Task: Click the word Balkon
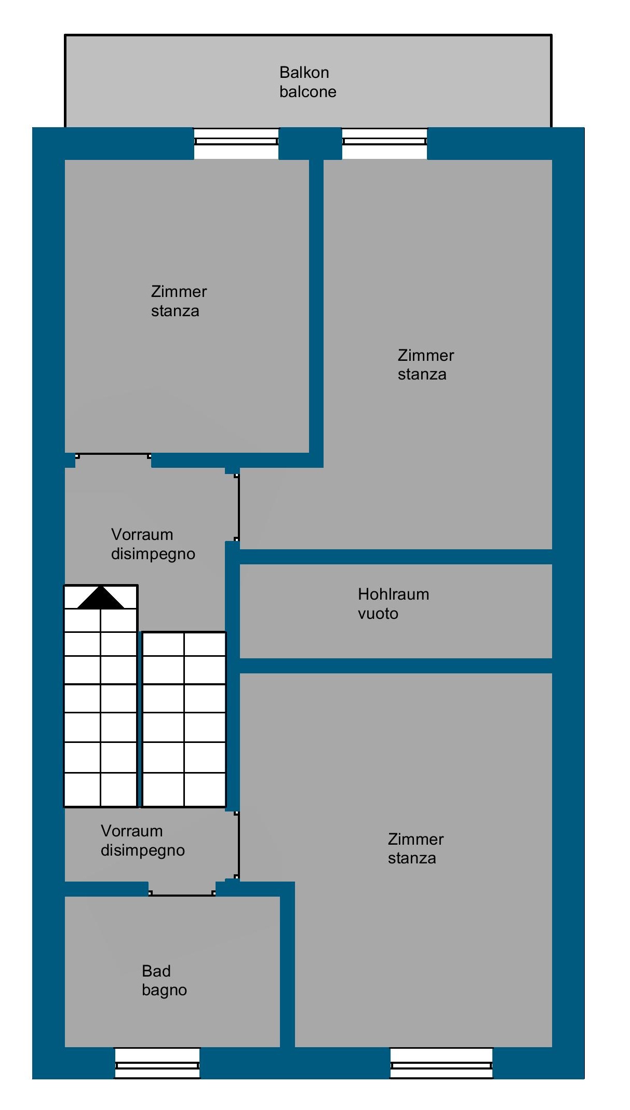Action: tap(304, 72)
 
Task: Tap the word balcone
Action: tap(307, 92)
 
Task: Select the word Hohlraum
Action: tap(393, 594)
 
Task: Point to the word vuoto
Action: tap(378, 614)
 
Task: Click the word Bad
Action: tap(156, 971)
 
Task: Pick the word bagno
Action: tap(164, 991)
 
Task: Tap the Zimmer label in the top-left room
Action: tap(179, 291)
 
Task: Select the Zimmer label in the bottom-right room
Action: tap(415, 839)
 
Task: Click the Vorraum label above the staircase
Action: tap(142, 534)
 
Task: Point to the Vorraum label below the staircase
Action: tap(131, 831)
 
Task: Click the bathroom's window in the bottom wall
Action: tap(157, 1063)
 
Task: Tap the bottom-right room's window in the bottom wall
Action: tap(441, 1063)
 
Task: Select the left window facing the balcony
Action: tap(236, 143)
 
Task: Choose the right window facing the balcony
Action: tap(384, 143)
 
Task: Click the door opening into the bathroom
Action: tap(182, 894)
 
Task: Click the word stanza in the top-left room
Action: tap(175, 311)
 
